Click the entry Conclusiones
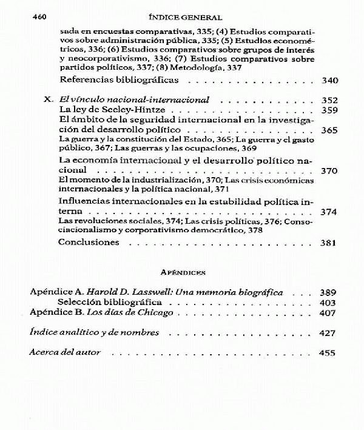coord(97,242)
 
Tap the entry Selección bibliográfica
coord(109,302)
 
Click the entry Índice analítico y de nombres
coord(94,332)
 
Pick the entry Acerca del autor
coord(65,352)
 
